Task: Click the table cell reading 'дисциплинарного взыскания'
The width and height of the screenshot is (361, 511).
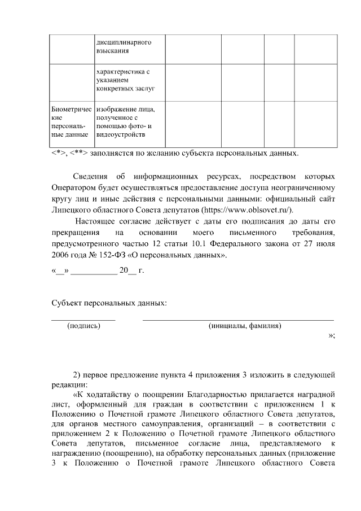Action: [x=123, y=46]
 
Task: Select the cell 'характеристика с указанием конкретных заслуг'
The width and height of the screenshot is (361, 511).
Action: [x=123, y=80]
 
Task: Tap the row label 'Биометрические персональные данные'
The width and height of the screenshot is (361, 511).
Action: [x=69, y=121]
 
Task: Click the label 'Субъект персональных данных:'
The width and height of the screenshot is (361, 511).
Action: [x=109, y=304]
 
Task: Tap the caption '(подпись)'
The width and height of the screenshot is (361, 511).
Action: [x=83, y=326]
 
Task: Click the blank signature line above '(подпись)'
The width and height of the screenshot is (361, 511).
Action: [x=83, y=320]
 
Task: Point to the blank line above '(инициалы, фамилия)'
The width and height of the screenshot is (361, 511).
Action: [x=238, y=320]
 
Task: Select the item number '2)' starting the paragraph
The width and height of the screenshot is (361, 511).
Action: [x=78, y=374]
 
